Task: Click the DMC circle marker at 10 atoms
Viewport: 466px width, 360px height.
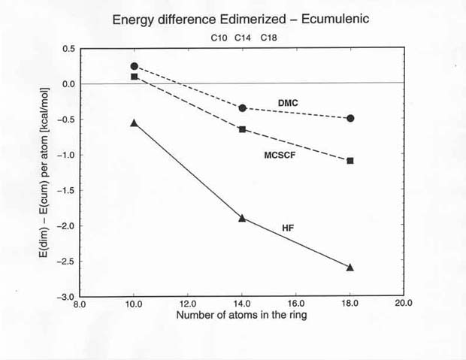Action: coord(134,66)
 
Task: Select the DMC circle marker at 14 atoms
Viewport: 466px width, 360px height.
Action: coord(242,108)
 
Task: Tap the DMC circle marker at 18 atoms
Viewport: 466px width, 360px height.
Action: coord(350,118)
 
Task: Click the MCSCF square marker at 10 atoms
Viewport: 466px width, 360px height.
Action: coord(134,77)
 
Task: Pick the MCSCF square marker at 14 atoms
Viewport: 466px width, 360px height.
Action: coord(242,130)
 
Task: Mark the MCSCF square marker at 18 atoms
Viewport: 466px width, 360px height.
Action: coord(350,161)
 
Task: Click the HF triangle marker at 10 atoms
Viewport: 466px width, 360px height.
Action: coord(134,123)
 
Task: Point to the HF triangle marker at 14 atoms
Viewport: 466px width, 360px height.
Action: coord(242,218)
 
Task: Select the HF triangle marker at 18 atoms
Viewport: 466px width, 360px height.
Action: coord(350,267)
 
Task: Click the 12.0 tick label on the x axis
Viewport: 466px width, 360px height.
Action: coord(187,305)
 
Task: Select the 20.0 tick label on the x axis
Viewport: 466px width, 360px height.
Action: coord(404,305)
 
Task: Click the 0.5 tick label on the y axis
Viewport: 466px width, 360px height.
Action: coord(69,49)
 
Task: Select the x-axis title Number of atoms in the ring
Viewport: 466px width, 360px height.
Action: coord(242,316)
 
